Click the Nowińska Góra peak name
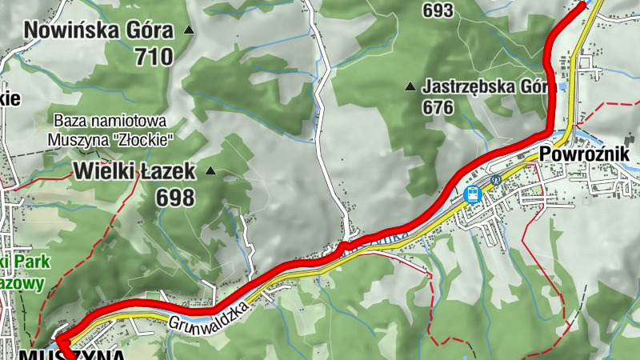(98, 31)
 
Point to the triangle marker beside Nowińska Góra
(190, 30)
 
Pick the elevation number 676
(438, 107)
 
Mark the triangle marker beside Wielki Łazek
(211, 170)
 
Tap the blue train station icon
(472, 194)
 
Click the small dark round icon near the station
(496, 180)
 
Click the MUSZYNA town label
(72, 354)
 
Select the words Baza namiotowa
(110, 121)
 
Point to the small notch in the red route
(342, 246)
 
